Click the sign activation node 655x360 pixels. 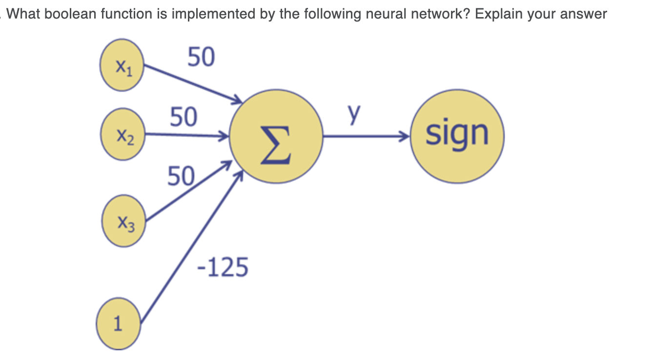tap(457, 136)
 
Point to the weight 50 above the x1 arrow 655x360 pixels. tap(201, 57)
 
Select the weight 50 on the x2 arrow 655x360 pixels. tap(184, 117)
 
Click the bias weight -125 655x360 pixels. tap(222, 268)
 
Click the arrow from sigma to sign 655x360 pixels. tap(366, 136)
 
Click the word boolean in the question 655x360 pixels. tap(67, 14)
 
